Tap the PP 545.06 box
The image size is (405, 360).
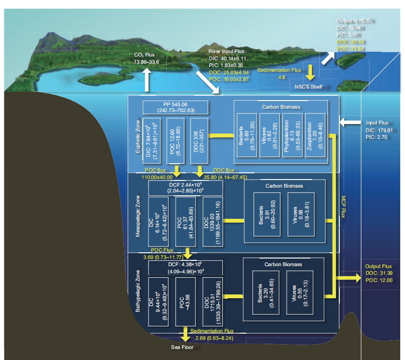point(175,107)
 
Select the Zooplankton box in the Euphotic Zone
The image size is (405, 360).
point(316,135)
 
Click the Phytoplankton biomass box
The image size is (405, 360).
point(292,135)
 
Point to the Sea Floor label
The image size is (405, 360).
point(183,348)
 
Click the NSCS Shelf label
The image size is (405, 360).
point(309,87)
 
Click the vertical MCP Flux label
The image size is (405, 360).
point(343,206)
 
